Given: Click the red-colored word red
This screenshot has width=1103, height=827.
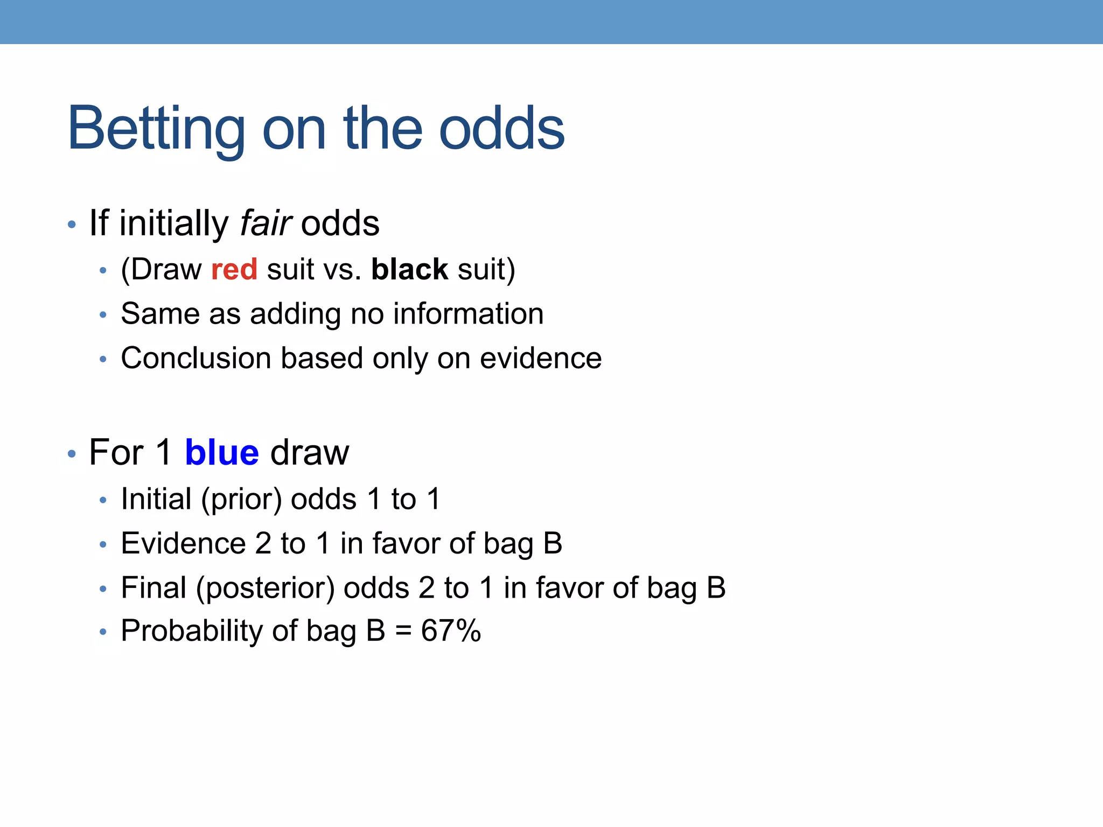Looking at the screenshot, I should [234, 269].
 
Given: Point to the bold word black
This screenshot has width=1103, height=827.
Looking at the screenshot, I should [409, 269].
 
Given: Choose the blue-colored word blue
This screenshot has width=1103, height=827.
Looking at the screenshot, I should [222, 452].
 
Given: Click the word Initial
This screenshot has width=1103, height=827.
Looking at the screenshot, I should [156, 499].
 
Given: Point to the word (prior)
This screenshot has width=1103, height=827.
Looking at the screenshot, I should [241, 500].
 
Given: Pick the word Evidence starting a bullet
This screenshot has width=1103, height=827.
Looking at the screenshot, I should [183, 543].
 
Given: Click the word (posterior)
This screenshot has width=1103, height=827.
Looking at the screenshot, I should [266, 588].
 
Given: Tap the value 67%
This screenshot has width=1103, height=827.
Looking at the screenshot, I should [451, 630].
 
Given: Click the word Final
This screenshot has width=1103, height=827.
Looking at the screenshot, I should [153, 587].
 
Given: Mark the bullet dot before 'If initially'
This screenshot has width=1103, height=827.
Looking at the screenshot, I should [72, 224].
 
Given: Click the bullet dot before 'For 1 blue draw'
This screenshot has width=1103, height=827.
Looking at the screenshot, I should [72, 453].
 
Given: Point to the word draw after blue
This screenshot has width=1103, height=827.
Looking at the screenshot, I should [310, 452].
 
